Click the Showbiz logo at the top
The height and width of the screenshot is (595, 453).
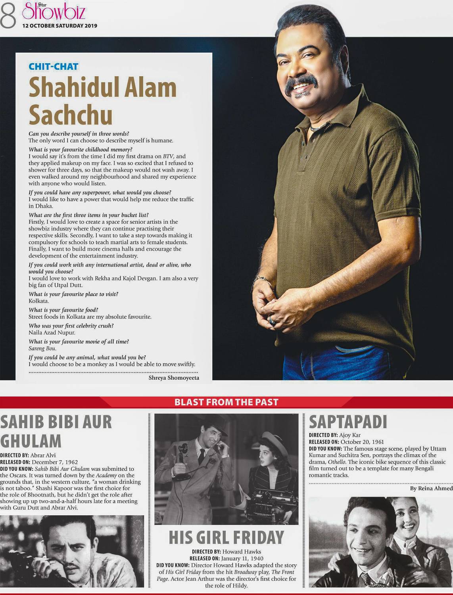pos(54,12)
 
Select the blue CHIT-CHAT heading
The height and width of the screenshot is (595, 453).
pos(54,66)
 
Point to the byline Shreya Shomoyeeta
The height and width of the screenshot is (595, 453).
pos(174,378)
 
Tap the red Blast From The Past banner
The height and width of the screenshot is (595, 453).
pos(226,402)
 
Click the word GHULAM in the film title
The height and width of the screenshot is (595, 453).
pos(31,441)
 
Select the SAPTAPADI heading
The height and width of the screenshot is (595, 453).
pos(347,422)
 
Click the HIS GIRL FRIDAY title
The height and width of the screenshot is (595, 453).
pos(226,537)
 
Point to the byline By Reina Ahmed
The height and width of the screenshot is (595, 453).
pos(431,488)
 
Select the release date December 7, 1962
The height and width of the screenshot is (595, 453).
pos(55,462)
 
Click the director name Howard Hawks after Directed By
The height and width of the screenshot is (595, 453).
pos(242,551)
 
